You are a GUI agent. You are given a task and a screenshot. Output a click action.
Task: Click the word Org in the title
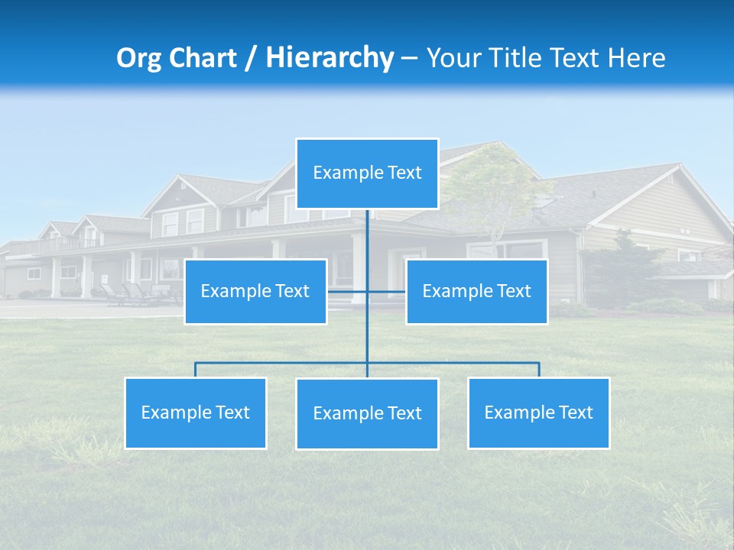(x=139, y=58)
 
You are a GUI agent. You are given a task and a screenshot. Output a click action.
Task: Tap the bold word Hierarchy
(x=329, y=58)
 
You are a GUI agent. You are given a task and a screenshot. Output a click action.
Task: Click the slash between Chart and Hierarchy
(x=251, y=58)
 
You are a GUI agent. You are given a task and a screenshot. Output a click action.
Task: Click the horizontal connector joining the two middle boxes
(x=386, y=291)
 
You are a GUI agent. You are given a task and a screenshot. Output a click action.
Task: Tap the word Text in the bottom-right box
(x=575, y=412)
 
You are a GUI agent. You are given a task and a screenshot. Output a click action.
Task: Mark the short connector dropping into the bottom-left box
(x=195, y=370)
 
